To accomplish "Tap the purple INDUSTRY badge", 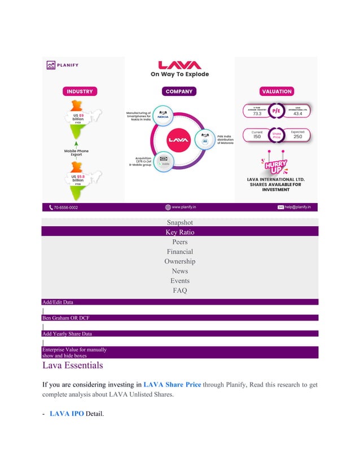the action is point(80,91).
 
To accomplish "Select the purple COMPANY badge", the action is point(179,91).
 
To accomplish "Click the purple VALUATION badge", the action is point(276,91).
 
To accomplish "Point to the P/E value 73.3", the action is point(257,113).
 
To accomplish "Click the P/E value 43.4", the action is point(297,113).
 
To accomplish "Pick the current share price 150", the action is point(257,137).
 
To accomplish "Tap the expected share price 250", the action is point(297,137).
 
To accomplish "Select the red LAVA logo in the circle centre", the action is point(179,138).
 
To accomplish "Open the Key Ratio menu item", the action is point(179,232).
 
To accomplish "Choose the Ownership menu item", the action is point(179,261).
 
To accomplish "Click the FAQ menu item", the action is point(179,291).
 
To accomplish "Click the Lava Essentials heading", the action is point(73,365).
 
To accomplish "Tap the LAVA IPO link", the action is point(67,414).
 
